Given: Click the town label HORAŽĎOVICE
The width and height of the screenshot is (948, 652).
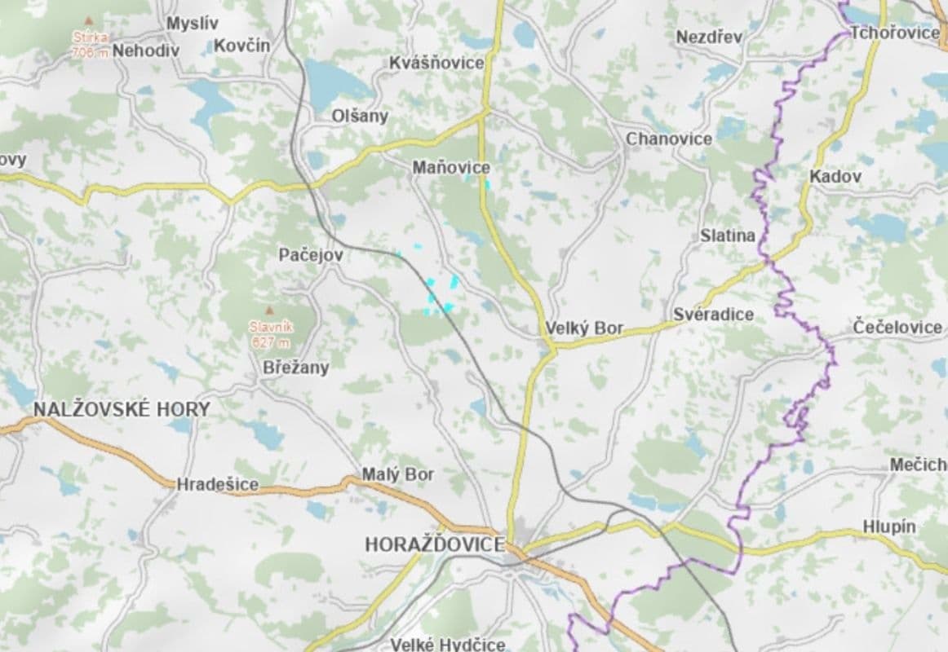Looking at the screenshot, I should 435,544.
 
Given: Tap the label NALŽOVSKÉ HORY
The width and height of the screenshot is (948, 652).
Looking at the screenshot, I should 122,409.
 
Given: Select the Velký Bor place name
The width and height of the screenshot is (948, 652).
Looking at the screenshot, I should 584,329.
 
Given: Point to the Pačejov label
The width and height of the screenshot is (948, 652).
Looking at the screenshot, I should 311,255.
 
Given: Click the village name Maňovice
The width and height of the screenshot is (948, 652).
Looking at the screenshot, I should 451,168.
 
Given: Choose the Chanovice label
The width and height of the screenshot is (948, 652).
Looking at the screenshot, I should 669,139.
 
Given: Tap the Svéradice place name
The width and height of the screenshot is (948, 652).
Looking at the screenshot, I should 713,315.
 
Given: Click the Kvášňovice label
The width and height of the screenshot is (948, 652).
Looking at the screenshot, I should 436,63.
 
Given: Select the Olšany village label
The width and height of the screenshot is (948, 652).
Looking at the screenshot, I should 360,116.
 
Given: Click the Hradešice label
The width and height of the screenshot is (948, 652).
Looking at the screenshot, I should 218,484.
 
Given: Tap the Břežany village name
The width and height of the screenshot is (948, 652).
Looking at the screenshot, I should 296,368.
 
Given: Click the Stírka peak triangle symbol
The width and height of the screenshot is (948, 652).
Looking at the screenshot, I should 86,19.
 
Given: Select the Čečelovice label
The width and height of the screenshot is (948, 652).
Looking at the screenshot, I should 898,327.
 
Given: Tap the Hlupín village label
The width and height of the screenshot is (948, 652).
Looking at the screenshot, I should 889,527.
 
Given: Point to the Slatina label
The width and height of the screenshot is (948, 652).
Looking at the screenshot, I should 728,236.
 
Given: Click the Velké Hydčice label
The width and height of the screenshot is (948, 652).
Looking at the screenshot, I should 447,645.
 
